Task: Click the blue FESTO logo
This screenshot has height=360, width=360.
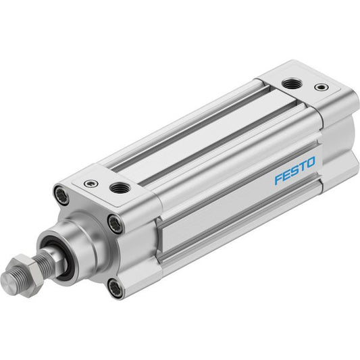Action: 295,171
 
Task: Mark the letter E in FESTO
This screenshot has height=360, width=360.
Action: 287,175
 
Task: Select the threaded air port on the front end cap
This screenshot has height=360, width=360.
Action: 118,188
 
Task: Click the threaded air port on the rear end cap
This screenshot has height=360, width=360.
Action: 291,83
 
